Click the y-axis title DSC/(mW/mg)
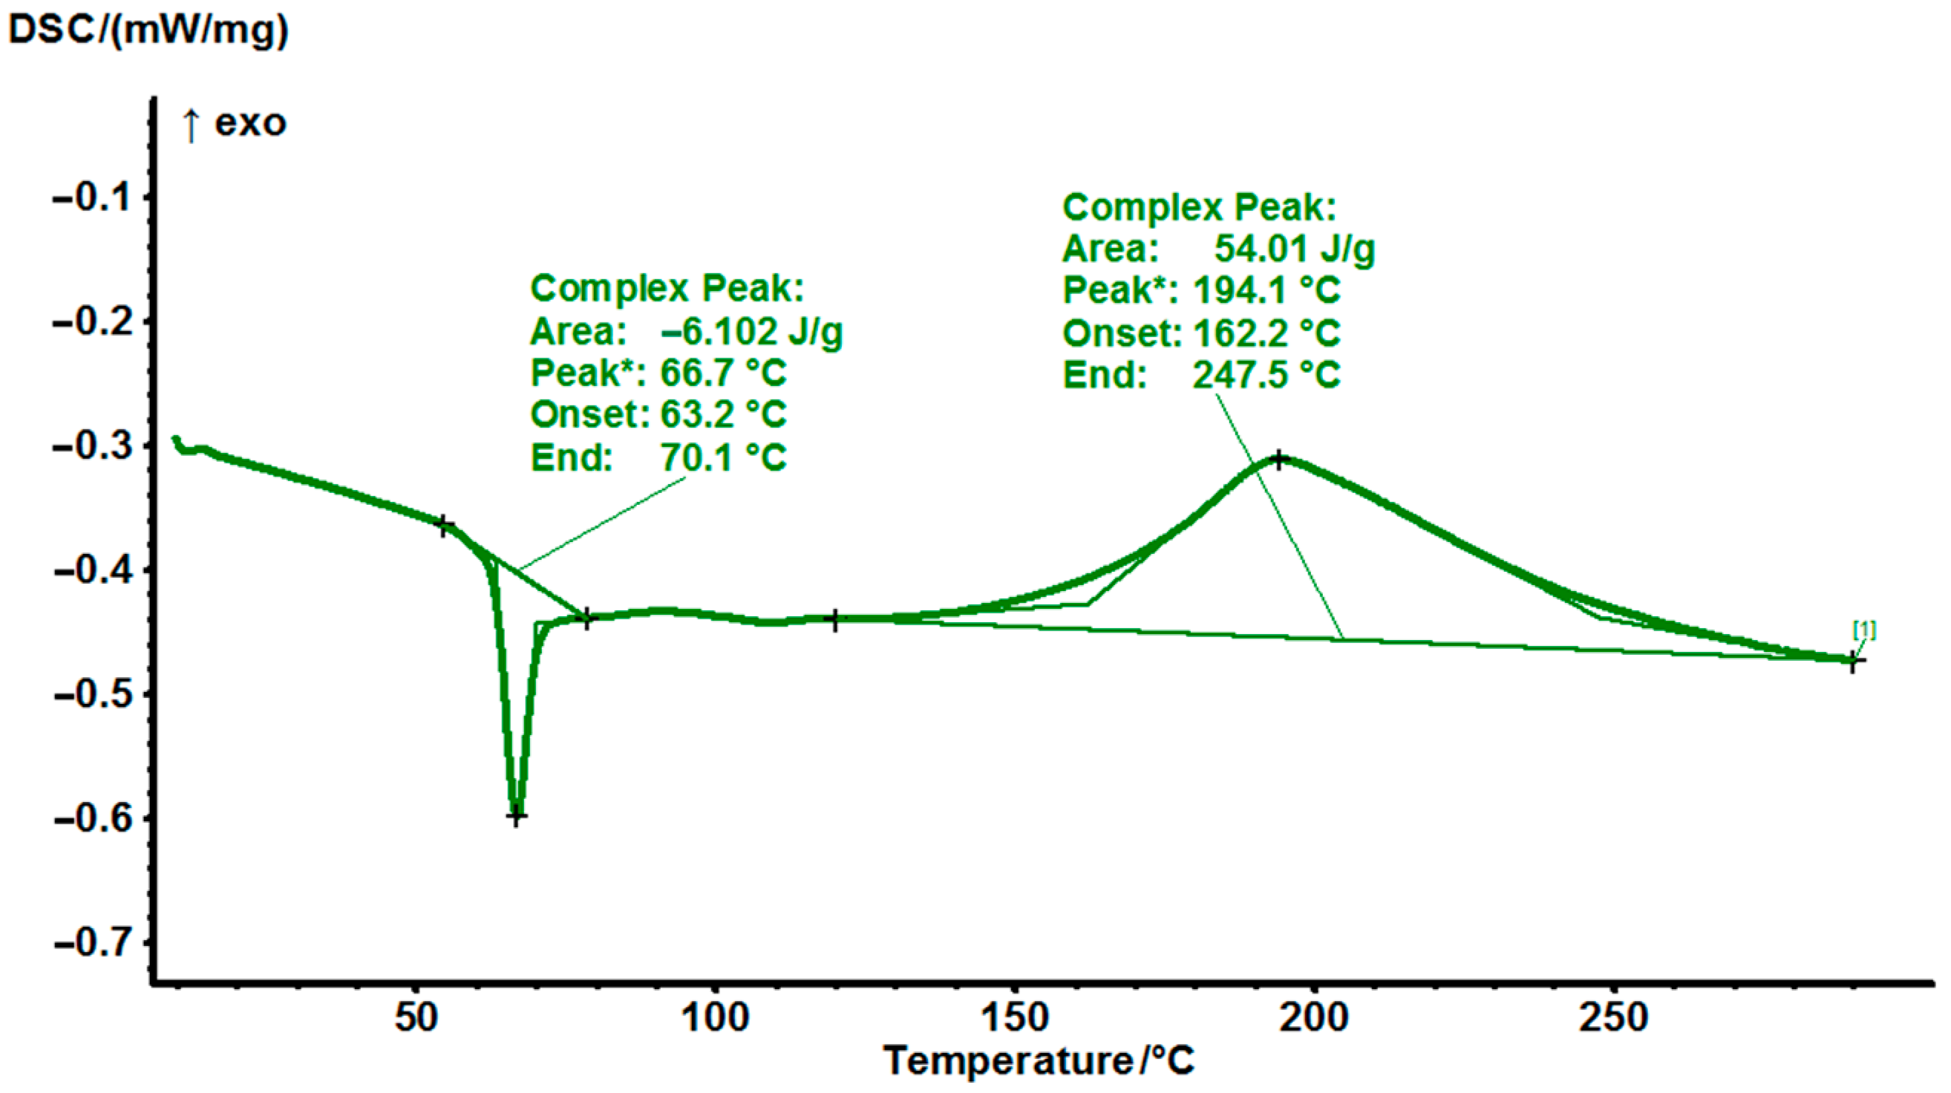point(148,30)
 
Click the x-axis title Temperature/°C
point(1039,1060)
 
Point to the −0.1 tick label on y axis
point(89,198)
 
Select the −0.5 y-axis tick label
point(89,694)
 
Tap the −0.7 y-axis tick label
point(89,943)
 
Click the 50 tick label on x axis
point(416,1017)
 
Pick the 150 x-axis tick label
point(1015,1017)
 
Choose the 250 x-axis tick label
point(1613,1017)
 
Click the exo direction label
point(250,123)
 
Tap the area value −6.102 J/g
point(751,332)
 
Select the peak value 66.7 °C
point(723,373)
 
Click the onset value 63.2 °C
point(723,414)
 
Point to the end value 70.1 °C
point(723,457)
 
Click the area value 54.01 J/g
point(1294,249)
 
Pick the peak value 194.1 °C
point(1267,290)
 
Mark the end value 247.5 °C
point(1267,375)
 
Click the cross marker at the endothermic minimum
point(516,817)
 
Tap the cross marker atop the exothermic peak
point(1279,460)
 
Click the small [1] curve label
point(1864,630)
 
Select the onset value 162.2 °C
point(1267,333)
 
